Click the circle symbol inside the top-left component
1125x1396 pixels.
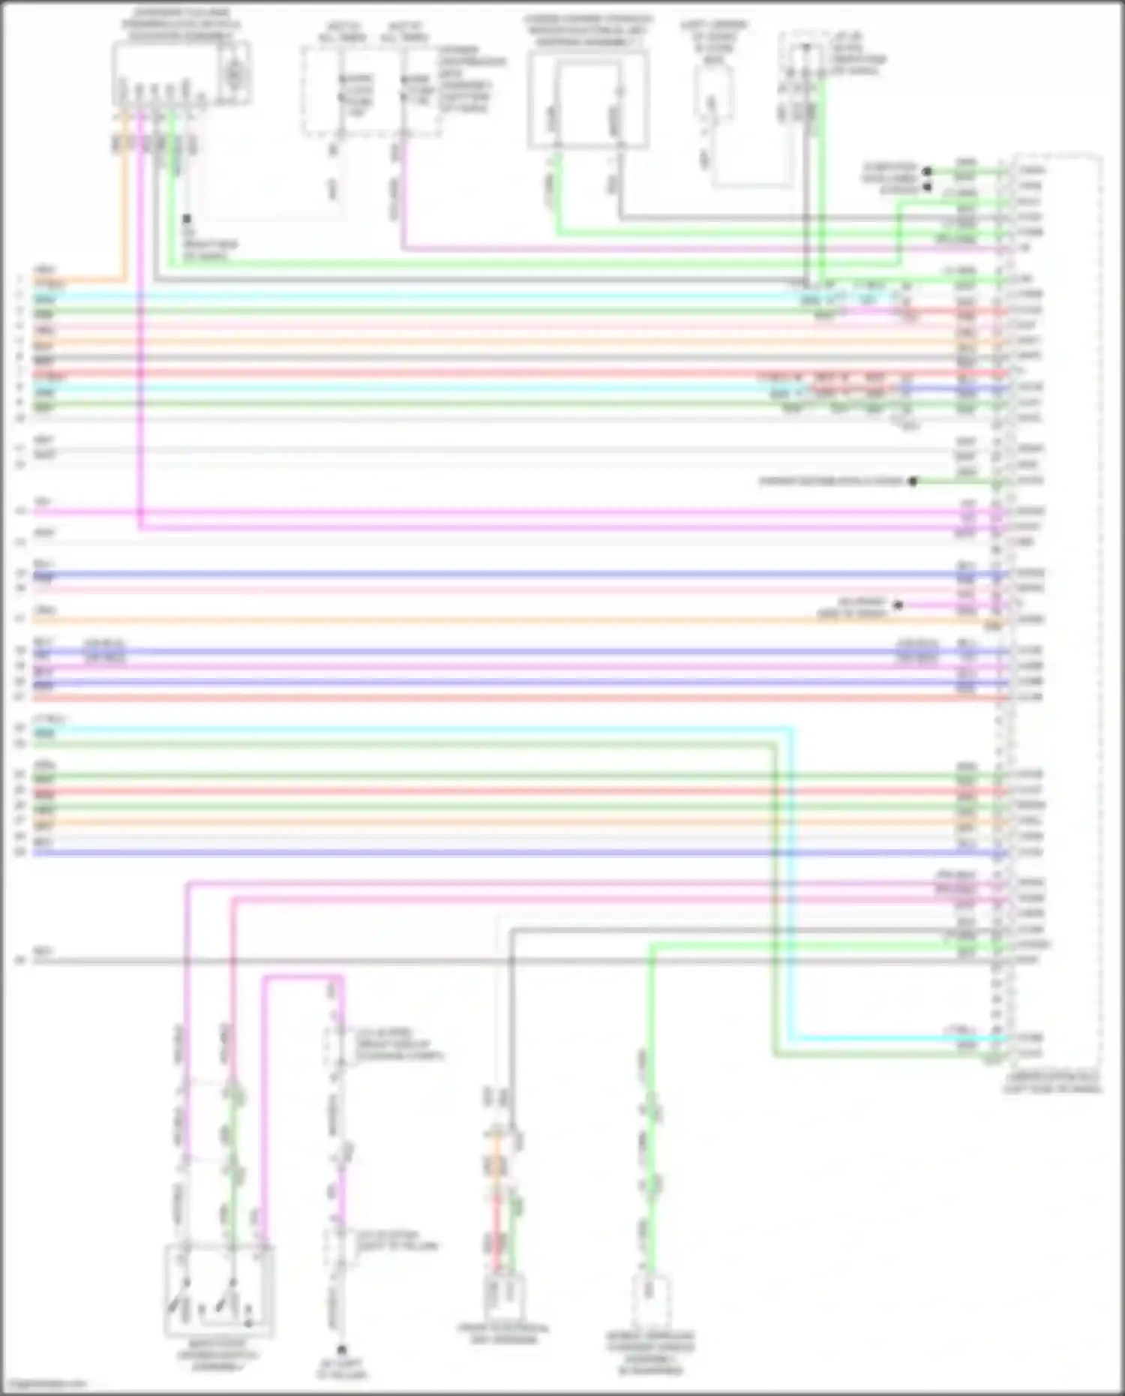coord(235,74)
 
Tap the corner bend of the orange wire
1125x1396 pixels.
coord(124,279)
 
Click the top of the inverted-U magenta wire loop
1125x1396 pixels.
coord(303,977)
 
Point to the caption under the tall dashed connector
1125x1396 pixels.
coord(1053,1082)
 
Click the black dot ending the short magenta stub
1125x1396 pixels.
coord(898,605)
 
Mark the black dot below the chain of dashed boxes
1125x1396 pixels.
coord(341,1349)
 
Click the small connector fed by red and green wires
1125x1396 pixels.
coord(503,1295)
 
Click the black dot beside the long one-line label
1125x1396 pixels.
coord(913,481)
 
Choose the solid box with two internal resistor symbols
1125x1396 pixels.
coord(587,100)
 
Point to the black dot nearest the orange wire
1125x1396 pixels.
coord(187,219)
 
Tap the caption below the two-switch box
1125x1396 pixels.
coord(217,1355)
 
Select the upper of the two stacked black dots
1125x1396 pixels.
coord(927,171)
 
